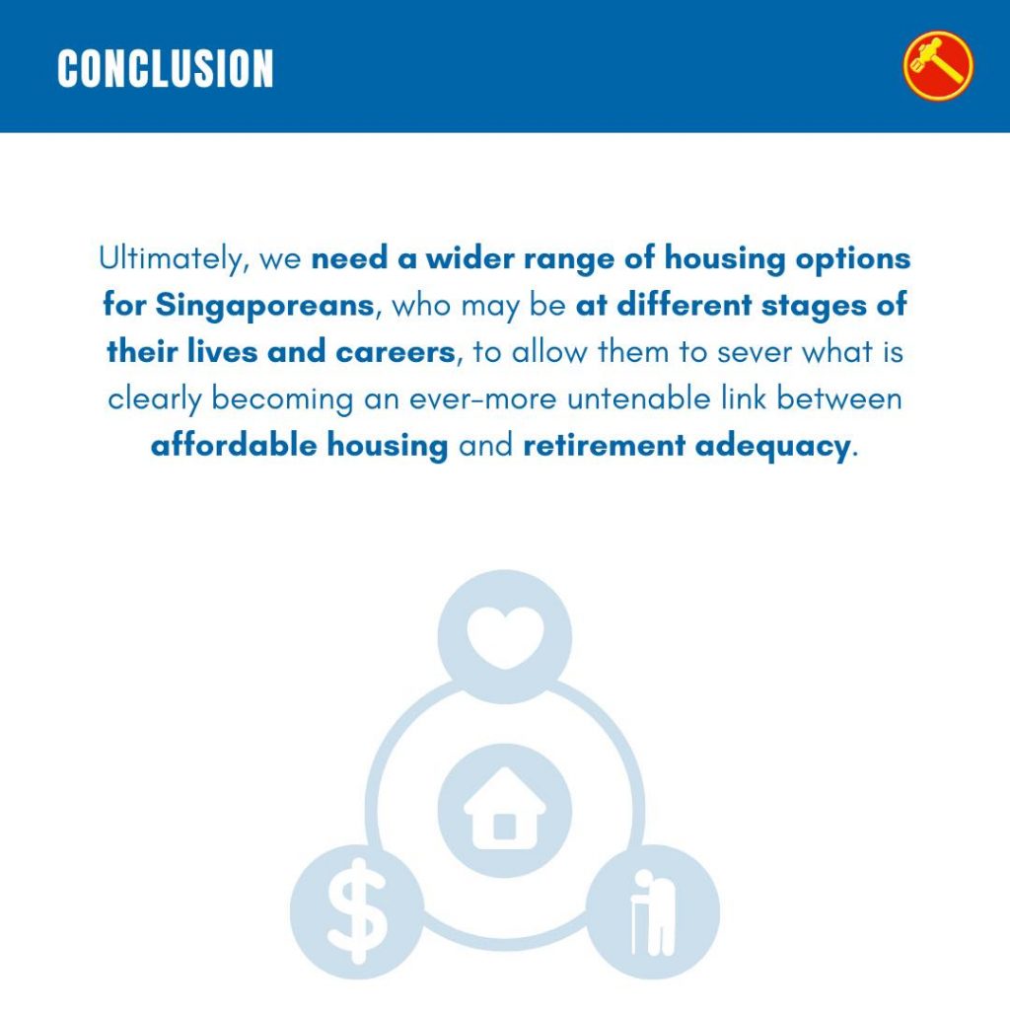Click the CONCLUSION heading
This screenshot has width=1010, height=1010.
click(166, 68)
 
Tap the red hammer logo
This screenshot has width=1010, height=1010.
click(938, 66)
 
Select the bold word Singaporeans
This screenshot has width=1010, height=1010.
click(264, 306)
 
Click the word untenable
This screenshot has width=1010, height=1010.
click(639, 398)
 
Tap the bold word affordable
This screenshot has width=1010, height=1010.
click(234, 445)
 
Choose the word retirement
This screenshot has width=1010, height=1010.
click(605, 446)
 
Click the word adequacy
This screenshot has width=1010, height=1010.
click(772, 447)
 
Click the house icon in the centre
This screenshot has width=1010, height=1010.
click(505, 809)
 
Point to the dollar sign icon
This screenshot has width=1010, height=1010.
click(357, 911)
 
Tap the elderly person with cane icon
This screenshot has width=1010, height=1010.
click(653, 912)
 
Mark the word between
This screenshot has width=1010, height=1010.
click(838, 398)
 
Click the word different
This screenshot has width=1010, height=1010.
click(685, 306)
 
